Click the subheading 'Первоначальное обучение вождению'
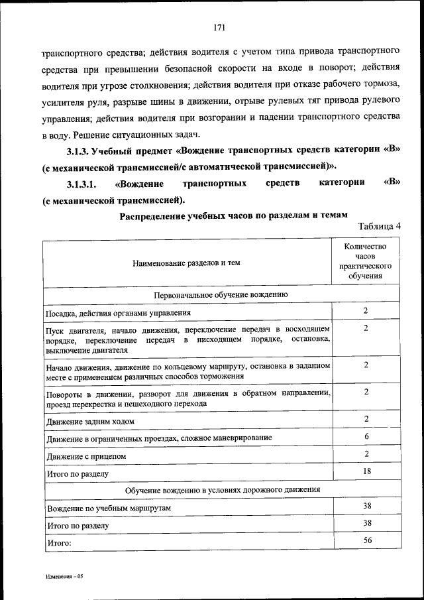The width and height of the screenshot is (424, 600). (x=221, y=294)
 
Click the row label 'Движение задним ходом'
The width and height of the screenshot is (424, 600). (x=90, y=421)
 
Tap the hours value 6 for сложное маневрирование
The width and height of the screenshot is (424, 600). (x=366, y=436)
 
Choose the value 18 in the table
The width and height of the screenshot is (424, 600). (x=366, y=471)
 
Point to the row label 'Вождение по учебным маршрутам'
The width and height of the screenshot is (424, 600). (x=109, y=507)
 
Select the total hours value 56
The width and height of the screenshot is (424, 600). (x=366, y=540)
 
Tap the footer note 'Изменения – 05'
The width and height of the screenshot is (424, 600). (x=64, y=577)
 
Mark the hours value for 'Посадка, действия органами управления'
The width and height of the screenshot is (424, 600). (x=366, y=310)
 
